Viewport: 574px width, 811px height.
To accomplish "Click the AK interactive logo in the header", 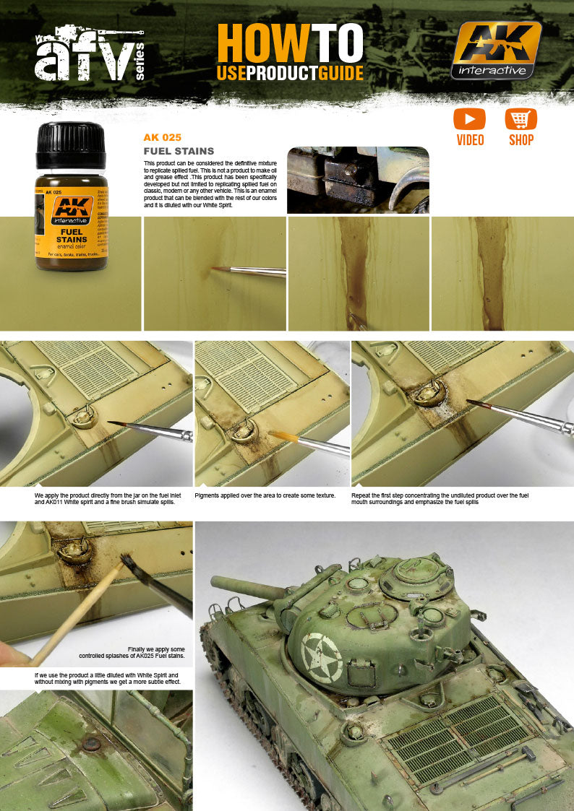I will point(496,49).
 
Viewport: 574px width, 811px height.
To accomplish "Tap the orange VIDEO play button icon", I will point(469,119).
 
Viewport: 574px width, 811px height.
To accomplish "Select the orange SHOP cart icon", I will point(521,119).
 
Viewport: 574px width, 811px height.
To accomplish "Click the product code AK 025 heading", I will point(162,137).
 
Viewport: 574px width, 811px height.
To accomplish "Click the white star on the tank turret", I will point(322,657).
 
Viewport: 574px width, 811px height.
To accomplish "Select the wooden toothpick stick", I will point(72,614).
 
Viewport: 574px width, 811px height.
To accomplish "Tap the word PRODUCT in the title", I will point(289,72).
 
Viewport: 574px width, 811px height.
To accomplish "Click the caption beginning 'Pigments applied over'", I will point(265,496).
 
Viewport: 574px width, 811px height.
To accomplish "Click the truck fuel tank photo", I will point(358,181).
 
